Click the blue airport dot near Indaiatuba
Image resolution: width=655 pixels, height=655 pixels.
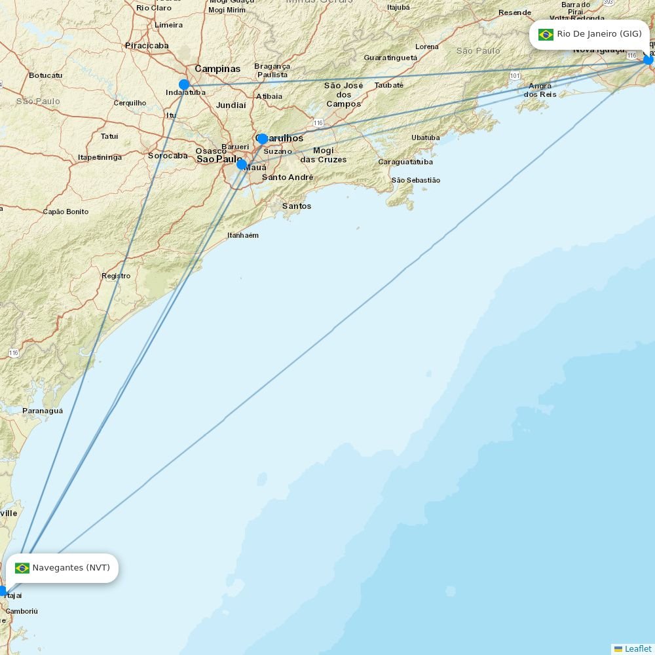click(184, 84)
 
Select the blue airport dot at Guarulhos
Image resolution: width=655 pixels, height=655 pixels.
click(263, 139)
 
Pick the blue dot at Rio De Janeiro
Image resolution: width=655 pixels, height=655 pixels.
click(648, 60)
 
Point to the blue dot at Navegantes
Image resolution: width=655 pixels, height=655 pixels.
click(3, 591)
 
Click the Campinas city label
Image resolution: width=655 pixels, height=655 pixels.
click(217, 69)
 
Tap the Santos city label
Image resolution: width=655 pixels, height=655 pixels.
click(297, 206)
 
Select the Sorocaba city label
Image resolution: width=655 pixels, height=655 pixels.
click(168, 156)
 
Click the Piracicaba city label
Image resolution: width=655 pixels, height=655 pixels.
click(147, 46)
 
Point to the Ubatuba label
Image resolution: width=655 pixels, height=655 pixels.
click(425, 138)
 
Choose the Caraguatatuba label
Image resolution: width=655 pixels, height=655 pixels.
click(405, 162)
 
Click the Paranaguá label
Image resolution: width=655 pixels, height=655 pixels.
click(43, 411)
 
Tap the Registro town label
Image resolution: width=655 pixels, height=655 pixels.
click(116, 276)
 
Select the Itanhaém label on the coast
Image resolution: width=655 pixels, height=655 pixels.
click(242, 235)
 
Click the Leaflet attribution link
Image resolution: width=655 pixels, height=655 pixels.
click(637, 648)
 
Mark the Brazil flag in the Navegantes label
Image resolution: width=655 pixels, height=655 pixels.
click(22, 568)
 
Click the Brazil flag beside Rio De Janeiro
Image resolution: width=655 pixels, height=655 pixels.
click(546, 35)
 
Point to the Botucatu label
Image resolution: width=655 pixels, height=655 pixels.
click(45, 75)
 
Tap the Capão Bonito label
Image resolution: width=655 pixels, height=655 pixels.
click(65, 212)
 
